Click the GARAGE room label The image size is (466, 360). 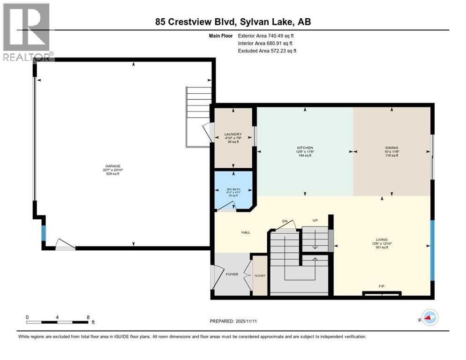[x=113, y=166]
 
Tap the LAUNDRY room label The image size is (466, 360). [x=233, y=134]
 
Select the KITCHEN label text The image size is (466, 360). [x=304, y=148]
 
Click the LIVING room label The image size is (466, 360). [x=382, y=240]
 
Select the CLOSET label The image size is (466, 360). [x=260, y=276]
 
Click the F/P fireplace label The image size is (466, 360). [x=382, y=285]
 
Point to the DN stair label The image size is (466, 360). [x=285, y=221]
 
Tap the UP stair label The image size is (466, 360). [x=316, y=220]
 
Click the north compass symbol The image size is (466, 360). [x=429, y=317]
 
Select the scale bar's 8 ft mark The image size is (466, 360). [x=88, y=317]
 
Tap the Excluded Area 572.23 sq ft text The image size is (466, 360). [x=267, y=51]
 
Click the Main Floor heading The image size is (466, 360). [x=222, y=36]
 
